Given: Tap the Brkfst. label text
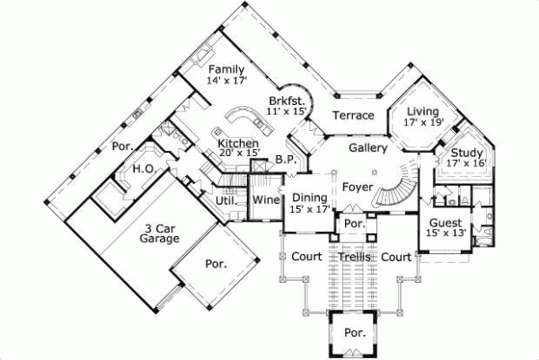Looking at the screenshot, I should [287, 100].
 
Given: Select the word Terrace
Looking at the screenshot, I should [352, 115].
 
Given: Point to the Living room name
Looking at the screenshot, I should [422, 111].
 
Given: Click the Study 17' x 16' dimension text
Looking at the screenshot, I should [467, 163].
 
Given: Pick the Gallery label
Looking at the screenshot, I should [367, 147].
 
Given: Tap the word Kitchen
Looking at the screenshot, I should [239, 144].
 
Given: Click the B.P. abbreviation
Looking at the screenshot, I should [286, 160].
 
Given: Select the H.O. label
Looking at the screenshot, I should [143, 169].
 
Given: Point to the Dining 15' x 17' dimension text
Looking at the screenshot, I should [310, 209].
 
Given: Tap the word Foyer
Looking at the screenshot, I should [357, 186].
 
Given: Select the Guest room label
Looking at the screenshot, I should [446, 223].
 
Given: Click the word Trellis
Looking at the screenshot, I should [355, 257].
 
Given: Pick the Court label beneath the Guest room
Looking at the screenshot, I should [396, 257].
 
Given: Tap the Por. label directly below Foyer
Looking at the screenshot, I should [353, 224].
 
